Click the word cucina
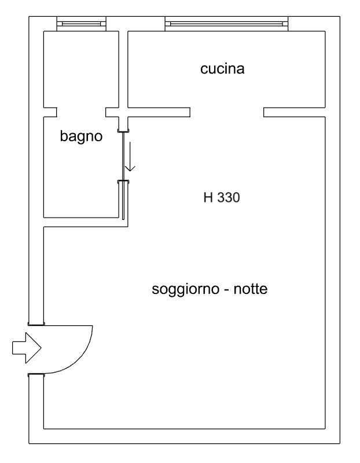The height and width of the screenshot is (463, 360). [x=223, y=69]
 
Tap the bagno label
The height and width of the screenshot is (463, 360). [x=81, y=137]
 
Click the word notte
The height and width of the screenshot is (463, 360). [x=250, y=289]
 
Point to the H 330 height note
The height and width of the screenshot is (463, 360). [x=221, y=198]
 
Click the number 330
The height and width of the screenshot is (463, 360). [x=229, y=198]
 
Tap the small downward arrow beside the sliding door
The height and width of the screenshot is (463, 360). [x=130, y=158]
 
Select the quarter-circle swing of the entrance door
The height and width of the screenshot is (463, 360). [x=72, y=350]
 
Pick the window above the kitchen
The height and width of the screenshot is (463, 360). [x=226, y=24]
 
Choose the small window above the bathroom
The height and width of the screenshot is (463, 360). [x=82, y=24]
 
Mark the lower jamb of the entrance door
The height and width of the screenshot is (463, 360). [x=36, y=376]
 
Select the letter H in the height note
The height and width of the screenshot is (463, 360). [x=208, y=198]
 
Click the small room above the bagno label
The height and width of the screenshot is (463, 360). [x=82, y=69]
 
